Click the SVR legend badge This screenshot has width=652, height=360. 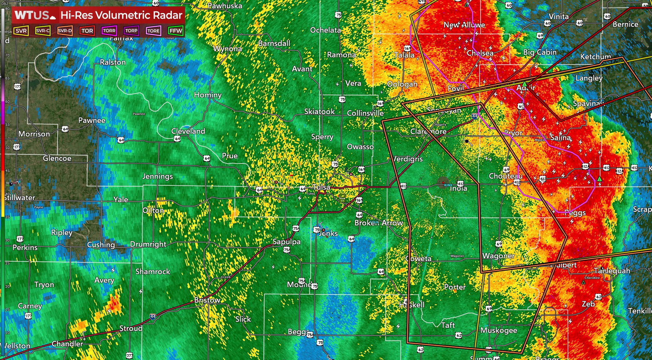coord(21,31)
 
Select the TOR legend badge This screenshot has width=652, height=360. coord(87,31)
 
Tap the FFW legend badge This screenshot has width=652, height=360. coord(176,31)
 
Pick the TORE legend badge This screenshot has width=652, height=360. coord(153,31)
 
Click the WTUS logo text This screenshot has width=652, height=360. coord(32,15)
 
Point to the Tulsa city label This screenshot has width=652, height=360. coord(321,187)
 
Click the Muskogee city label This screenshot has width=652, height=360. coord(499,330)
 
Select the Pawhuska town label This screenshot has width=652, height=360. coord(225,6)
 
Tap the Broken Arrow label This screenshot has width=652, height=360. coord(379,223)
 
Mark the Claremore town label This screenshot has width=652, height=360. coord(428,131)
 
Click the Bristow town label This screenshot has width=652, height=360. coord(207,300)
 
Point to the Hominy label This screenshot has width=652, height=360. coord(208,95)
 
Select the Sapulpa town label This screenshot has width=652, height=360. coord(287,242)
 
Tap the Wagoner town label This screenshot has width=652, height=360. coord(498,256)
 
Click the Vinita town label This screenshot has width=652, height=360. coord(558,17)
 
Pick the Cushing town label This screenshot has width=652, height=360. coord(101,245)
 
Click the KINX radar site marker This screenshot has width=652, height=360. coord(443,183)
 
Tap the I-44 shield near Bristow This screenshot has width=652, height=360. coord(152,316)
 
